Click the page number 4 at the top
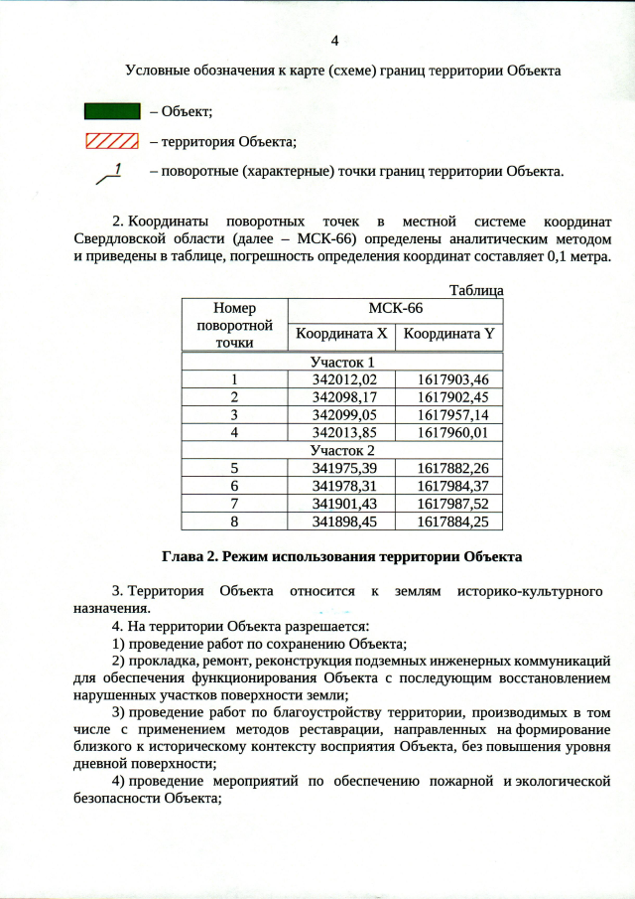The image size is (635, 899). coord(334,41)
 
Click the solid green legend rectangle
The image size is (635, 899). coord(111,110)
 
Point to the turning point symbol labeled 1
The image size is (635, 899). coord(110,174)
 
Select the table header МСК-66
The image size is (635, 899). coord(395,309)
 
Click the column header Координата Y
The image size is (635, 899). coord(447,335)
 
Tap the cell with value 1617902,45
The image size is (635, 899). coord(447,397)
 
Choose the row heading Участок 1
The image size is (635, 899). coord(342,362)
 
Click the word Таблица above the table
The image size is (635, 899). coord(476,290)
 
